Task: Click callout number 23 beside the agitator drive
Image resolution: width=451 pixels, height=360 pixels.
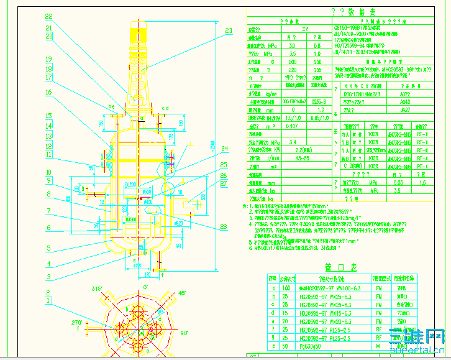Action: pyautogui.click(x=229, y=30)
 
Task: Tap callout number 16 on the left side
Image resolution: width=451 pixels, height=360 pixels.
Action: pyautogui.click(x=48, y=92)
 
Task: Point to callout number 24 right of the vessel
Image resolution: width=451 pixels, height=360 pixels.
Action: pyautogui.click(x=224, y=147)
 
